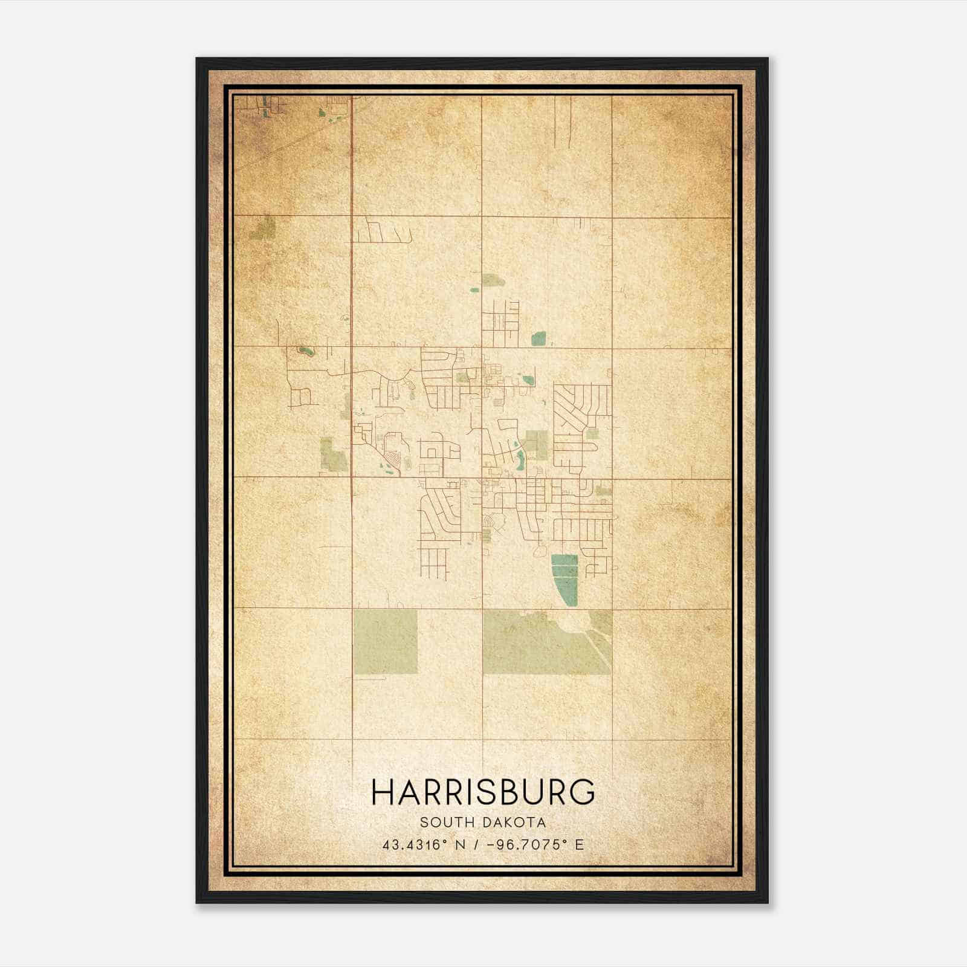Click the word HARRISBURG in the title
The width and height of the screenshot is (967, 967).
pos(483,792)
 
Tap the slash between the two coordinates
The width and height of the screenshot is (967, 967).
pos(479,844)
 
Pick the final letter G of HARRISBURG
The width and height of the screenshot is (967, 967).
pos(582,792)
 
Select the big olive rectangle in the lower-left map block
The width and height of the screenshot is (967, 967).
pos(385,641)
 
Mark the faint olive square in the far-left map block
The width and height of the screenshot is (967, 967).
pos(264,227)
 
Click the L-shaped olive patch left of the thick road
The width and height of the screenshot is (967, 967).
pos(332,454)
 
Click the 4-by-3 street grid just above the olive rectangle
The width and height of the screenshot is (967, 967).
pos(433,562)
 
